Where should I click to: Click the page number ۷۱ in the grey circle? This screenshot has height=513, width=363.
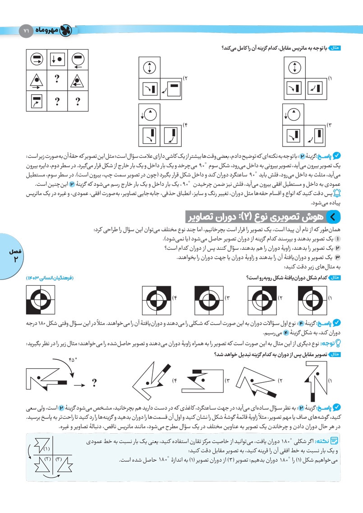(26, 31)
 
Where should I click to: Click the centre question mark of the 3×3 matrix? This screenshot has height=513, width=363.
(57, 80)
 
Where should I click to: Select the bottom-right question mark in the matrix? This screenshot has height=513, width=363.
(78, 101)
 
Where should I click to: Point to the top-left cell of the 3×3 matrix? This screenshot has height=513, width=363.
(37, 59)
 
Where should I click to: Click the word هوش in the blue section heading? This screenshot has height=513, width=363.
(318, 217)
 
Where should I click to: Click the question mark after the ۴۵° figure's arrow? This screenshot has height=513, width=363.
(94, 383)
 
